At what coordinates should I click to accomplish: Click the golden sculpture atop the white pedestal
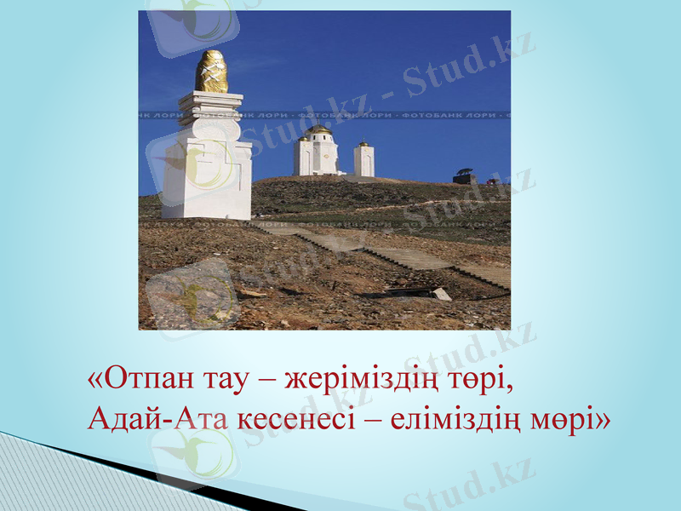pos(211,72)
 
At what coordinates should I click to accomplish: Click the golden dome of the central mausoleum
pos(318,130)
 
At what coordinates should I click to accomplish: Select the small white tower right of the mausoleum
pos(363,159)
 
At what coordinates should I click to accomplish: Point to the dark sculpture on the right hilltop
pos(465,175)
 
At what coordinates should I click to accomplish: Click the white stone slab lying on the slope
pos(442,294)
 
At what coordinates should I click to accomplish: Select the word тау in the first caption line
pos(225,376)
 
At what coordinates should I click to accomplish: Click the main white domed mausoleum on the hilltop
pos(317,153)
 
